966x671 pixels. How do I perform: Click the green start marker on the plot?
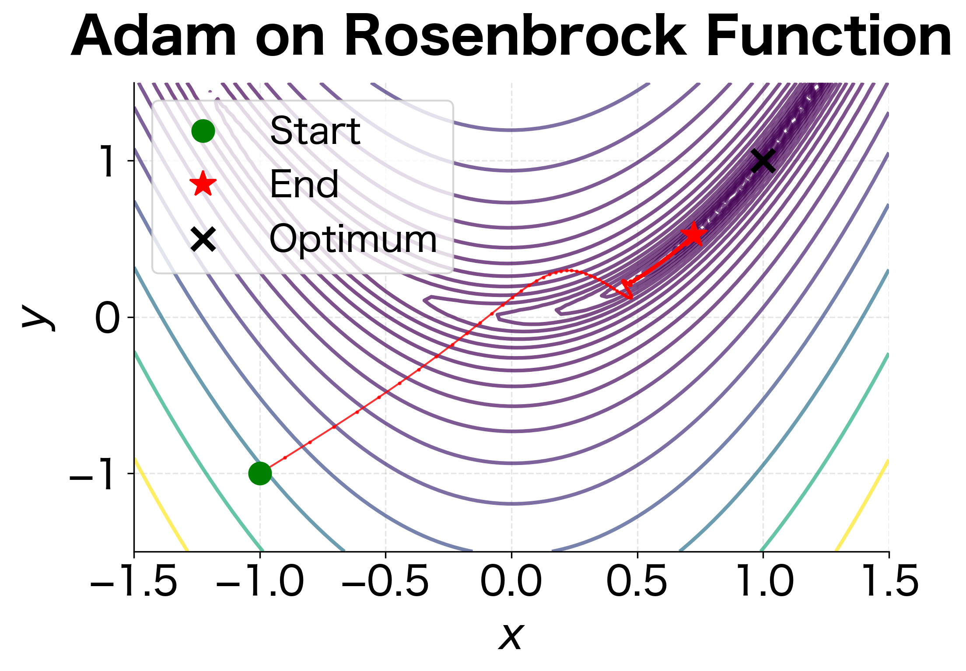coord(260,473)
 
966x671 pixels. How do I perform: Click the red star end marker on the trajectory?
coord(693,235)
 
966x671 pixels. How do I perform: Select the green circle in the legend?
coord(203,131)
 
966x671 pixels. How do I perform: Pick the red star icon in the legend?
coord(203,184)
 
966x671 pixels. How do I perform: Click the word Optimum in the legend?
coord(353,239)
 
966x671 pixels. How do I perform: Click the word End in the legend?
coord(304,184)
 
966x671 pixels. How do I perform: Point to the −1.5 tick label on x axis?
coord(133,581)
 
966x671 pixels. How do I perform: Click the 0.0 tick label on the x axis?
coord(511,581)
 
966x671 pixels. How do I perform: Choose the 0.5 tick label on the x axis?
coord(637,581)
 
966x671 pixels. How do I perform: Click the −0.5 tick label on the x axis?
coord(385,581)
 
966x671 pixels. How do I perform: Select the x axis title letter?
coord(511,636)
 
